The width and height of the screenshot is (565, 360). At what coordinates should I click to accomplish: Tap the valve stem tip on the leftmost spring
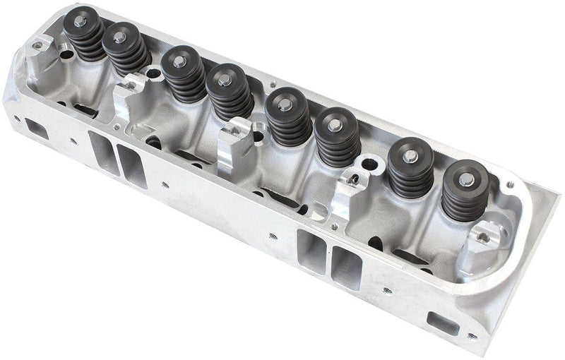(79, 21)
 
